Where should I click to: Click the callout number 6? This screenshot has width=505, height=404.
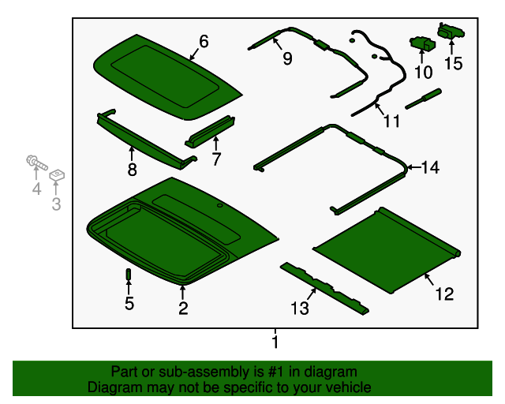[x=204, y=41]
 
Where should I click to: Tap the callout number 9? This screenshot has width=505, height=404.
[x=287, y=58]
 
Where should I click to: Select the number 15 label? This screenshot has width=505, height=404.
[x=453, y=63]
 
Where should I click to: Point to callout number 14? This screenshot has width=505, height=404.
[x=430, y=167]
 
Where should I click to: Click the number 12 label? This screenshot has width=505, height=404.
[x=444, y=294]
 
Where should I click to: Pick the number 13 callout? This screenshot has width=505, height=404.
[x=300, y=308]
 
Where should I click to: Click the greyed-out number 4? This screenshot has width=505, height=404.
[x=37, y=189]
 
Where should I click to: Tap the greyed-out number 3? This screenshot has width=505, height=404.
[x=56, y=204]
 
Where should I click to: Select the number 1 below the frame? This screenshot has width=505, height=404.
[x=275, y=342]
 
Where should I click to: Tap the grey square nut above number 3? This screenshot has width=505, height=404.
[x=57, y=175]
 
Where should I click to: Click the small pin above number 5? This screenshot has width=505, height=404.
[x=129, y=274]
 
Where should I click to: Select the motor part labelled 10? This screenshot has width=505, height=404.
[x=423, y=43]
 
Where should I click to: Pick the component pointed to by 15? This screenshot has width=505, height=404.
[x=451, y=31]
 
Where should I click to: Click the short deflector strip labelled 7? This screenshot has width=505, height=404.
[x=210, y=132]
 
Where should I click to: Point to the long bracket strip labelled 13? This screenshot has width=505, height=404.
[x=324, y=289]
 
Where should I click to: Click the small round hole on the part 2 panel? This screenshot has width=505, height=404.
[x=220, y=205]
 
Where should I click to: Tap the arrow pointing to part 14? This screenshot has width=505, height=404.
[x=413, y=167]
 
